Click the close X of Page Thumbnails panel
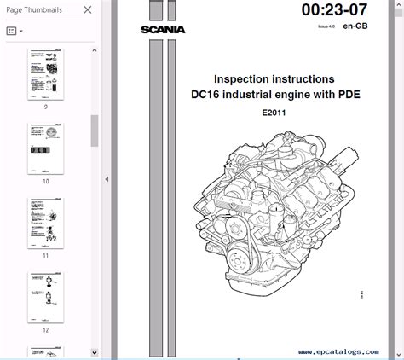click(87, 10)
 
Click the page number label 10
click(45, 181)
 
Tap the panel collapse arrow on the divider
click(107, 179)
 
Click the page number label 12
click(45, 328)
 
